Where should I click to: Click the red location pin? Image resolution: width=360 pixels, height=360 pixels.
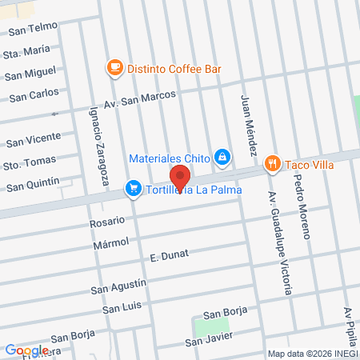(180, 177)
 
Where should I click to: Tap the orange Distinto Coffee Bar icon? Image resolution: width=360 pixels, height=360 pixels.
(115, 68)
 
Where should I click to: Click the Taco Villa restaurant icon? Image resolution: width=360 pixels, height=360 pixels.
(273, 163)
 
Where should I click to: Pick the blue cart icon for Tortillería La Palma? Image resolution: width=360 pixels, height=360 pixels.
(130, 190)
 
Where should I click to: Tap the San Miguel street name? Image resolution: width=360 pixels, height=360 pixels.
(30, 74)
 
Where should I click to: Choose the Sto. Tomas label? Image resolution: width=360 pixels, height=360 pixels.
(30, 162)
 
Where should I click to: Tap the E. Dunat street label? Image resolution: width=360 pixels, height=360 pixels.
(167, 257)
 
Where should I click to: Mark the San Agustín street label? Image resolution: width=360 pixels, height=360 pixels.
(118, 286)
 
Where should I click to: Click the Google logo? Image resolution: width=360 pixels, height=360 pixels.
(26, 350)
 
